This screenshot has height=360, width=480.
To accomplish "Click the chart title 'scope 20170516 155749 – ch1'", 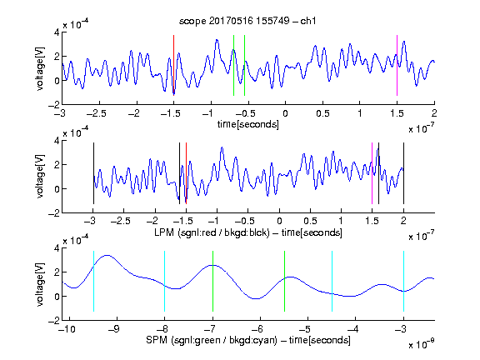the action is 247,21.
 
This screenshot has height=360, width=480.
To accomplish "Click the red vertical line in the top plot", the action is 173,65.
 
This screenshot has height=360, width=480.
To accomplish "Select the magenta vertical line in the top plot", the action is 397,65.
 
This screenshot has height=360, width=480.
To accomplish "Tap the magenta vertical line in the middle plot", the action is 372,173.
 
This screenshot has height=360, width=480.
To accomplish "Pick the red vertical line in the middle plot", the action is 186,173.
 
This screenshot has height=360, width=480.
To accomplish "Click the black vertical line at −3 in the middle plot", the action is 93,173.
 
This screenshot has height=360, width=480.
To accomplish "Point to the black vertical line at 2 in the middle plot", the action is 403,173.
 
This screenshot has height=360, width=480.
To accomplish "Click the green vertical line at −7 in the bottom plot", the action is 212,281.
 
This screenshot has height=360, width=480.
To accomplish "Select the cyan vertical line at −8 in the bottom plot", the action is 165,281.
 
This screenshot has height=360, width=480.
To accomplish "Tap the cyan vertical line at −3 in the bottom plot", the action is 403,281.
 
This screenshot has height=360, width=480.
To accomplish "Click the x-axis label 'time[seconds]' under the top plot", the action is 248,124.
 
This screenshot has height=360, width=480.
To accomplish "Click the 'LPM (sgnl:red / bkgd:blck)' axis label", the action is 212,232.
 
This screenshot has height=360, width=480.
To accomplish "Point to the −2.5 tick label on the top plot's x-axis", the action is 97,113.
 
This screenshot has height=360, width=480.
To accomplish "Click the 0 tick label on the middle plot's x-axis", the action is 279,221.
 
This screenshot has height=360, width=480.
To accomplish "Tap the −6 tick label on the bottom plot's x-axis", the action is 257,329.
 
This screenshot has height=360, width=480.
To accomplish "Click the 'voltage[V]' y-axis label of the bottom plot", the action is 40,284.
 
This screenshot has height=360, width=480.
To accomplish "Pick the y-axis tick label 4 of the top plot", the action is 57,32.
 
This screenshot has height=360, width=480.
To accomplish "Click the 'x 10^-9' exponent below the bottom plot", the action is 421,344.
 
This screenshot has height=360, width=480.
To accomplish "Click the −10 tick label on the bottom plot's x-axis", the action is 67,329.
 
